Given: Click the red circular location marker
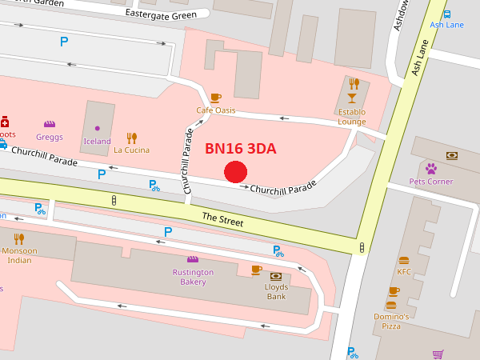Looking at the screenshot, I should tap(235, 172).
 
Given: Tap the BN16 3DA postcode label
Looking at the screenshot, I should tap(241, 148).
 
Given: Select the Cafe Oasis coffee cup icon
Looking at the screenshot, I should tap(215, 98).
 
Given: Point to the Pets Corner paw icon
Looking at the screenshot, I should tap(431, 169).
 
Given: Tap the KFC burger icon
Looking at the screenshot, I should tap(404, 260).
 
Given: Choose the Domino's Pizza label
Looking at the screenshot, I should tap(391, 322).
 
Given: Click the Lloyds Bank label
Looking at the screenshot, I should tap(276, 292).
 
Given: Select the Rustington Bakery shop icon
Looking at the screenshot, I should tap(192, 259).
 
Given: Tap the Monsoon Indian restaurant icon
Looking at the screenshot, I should tap(19, 238).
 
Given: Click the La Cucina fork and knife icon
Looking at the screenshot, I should tap(131, 138).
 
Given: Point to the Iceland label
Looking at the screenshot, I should tap(97, 142).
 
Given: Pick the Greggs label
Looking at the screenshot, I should tap(50, 137).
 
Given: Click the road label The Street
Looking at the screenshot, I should tap(222, 218).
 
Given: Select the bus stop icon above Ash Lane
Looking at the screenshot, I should tap(446, 14).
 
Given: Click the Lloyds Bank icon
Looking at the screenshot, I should tap(276, 276).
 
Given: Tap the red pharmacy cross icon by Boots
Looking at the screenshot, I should tap(5, 122).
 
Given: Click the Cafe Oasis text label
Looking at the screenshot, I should tap(215, 110).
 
